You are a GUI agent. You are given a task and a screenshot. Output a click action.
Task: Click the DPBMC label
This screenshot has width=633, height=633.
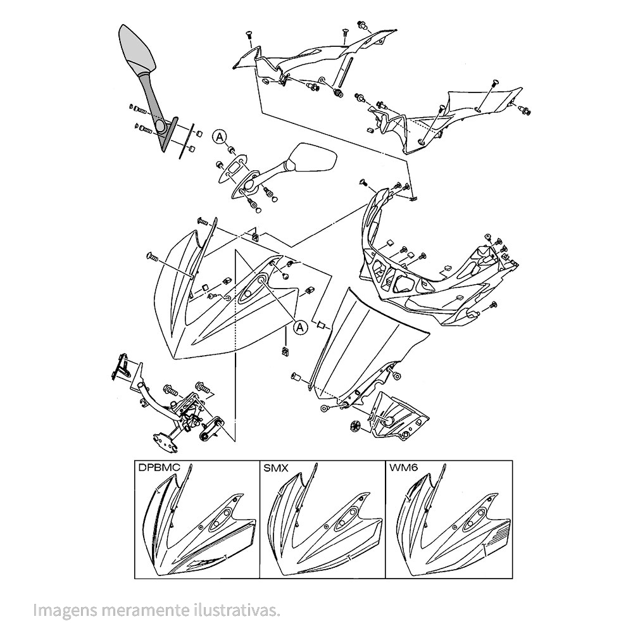click(158, 470)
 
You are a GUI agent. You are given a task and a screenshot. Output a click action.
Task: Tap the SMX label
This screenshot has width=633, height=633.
click(276, 470)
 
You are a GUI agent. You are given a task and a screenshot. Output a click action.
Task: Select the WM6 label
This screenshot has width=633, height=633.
click(403, 470)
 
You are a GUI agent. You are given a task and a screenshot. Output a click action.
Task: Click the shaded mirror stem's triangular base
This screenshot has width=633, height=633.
click(166, 130)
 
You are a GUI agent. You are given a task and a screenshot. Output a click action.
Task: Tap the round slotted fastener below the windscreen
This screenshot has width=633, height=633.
click(355, 425)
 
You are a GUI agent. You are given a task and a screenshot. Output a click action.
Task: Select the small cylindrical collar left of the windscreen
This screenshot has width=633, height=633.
click(295, 378)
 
